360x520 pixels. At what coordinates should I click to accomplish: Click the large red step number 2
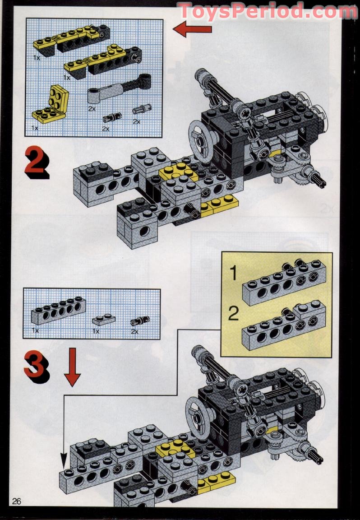click(36, 164)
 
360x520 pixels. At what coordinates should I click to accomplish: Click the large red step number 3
click(36, 367)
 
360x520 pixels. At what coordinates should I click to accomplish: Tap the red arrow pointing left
click(193, 30)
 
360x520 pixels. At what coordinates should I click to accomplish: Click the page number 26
click(18, 501)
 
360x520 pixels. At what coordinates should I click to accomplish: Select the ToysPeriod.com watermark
click(267, 11)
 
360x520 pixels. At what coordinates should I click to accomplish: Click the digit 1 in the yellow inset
click(233, 273)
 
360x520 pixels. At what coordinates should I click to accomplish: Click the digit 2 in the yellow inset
click(233, 314)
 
